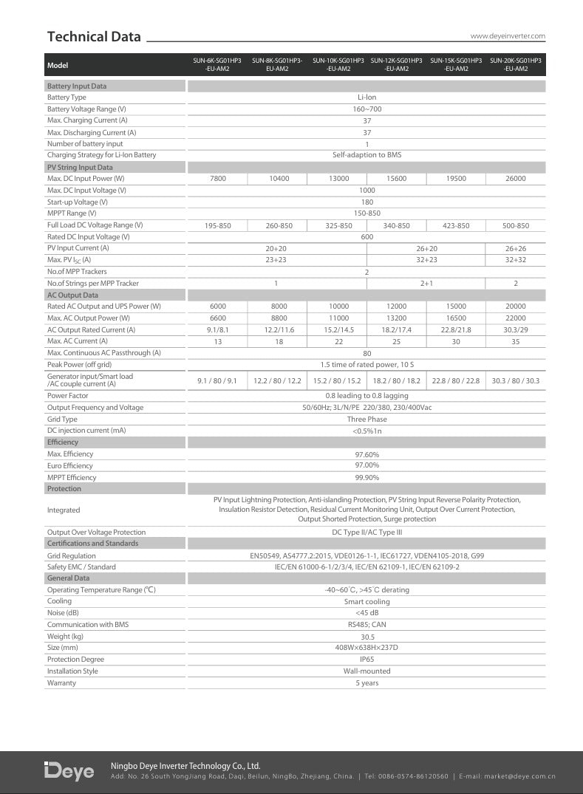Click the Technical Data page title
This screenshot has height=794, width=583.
coord(94,37)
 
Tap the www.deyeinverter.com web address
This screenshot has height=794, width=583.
coord(508,35)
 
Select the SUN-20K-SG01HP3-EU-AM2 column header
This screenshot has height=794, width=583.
coord(516,64)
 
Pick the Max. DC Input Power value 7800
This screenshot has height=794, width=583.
coord(219,179)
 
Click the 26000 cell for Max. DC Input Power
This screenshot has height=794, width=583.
coord(516,179)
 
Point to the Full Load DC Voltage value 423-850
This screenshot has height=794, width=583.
coord(456,225)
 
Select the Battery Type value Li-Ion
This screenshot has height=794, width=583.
coord(366,97)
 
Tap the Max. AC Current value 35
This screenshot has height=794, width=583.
coord(516,341)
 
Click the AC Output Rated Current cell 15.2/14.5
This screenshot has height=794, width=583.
coord(338,330)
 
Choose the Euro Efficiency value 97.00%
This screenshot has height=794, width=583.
coord(366,466)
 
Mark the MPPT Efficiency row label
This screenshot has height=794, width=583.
coord(72,478)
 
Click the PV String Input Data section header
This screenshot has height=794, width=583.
coord(80,168)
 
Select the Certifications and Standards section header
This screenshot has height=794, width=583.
coord(92,544)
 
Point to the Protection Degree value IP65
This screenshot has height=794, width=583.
coord(366,660)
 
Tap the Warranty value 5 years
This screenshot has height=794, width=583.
coord(366,683)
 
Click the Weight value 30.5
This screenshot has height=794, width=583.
coord(366,637)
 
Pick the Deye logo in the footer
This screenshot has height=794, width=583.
coord(69,770)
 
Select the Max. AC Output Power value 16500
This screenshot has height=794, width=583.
coord(456,318)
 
